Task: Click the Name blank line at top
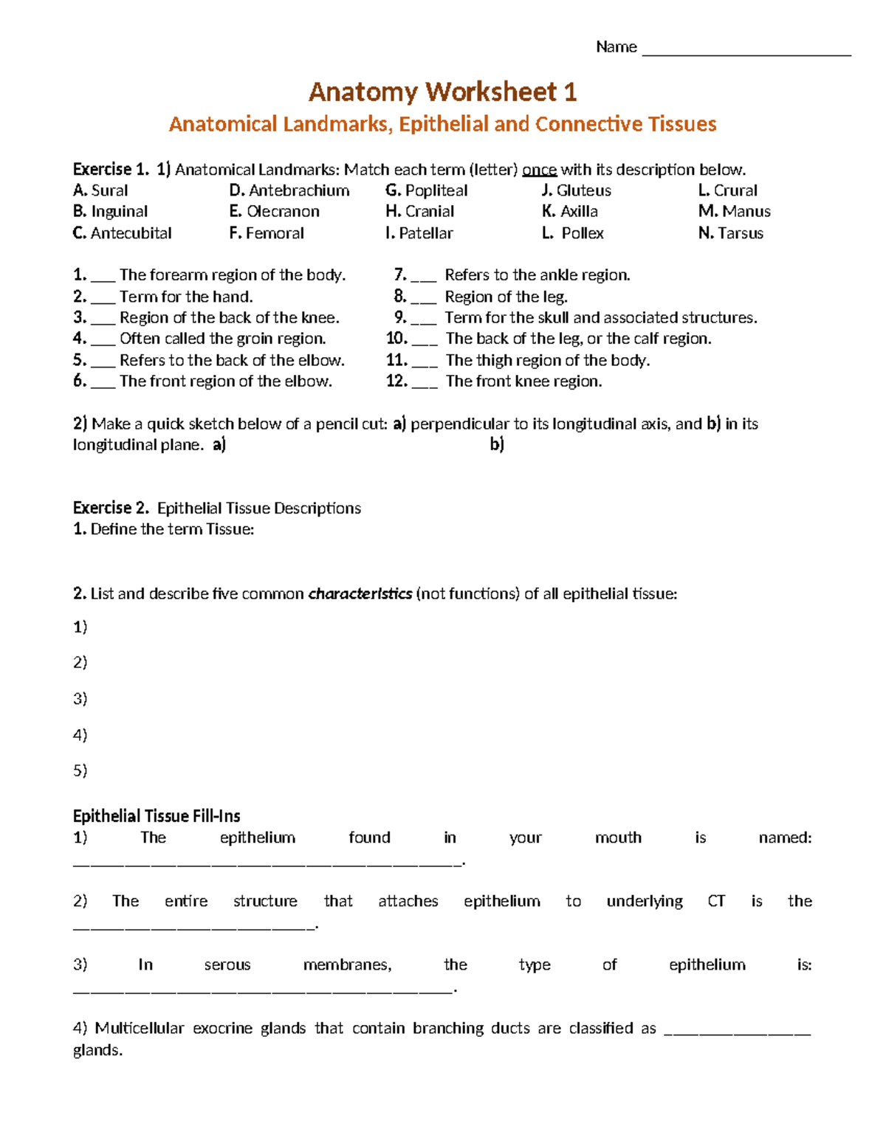[x=746, y=53]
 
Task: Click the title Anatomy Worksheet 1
[x=442, y=92]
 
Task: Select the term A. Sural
[x=100, y=190]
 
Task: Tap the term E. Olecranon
[x=275, y=212]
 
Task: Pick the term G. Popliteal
[x=427, y=190]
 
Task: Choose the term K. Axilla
[x=570, y=212]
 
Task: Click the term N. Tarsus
[x=731, y=233]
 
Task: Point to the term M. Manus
[x=735, y=212]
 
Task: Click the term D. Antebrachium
[x=289, y=190]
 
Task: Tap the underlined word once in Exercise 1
[x=539, y=170]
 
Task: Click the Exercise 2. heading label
[x=111, y=508]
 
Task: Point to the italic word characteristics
[x=360, y=594]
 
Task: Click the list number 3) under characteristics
[x=80, y=698]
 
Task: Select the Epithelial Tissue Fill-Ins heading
[x=157, y=816]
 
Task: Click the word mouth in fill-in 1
[x=618, y=838]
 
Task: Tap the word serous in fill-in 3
[x=227, y=965]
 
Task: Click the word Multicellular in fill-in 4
[x=139, y=1029]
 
